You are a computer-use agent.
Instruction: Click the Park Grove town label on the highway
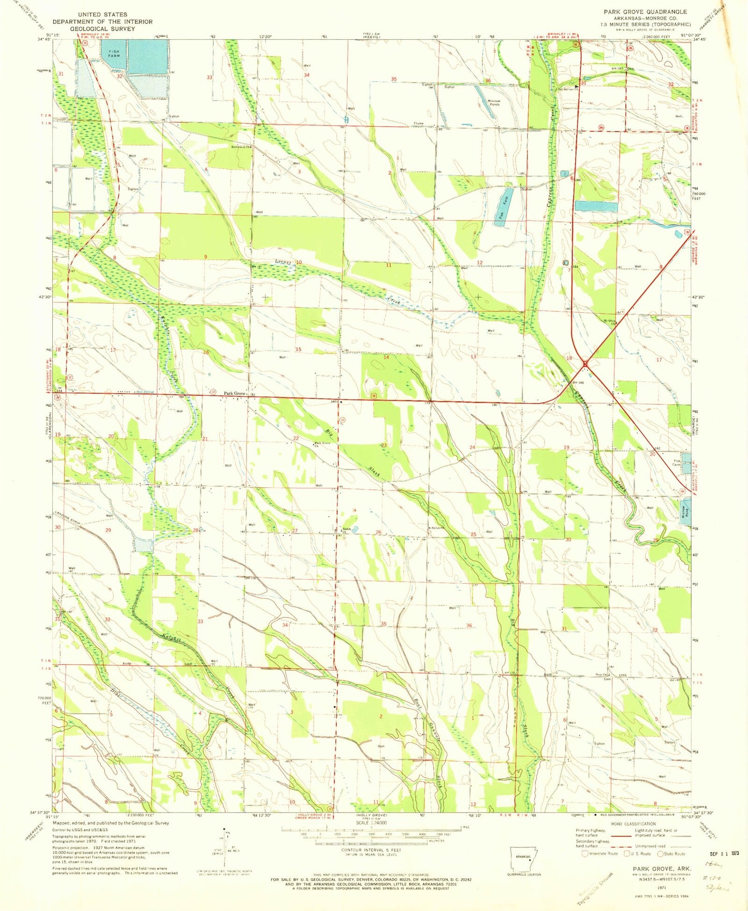click(233, 394)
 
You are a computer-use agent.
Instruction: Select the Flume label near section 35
click(418, 124)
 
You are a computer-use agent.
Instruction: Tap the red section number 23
click(384, 445)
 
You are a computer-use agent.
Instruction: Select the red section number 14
click(386, 357)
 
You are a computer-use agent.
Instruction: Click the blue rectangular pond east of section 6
click(596, 206)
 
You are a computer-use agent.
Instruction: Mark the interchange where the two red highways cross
click(585, 365)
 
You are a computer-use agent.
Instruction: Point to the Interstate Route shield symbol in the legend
click(584, 854)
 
